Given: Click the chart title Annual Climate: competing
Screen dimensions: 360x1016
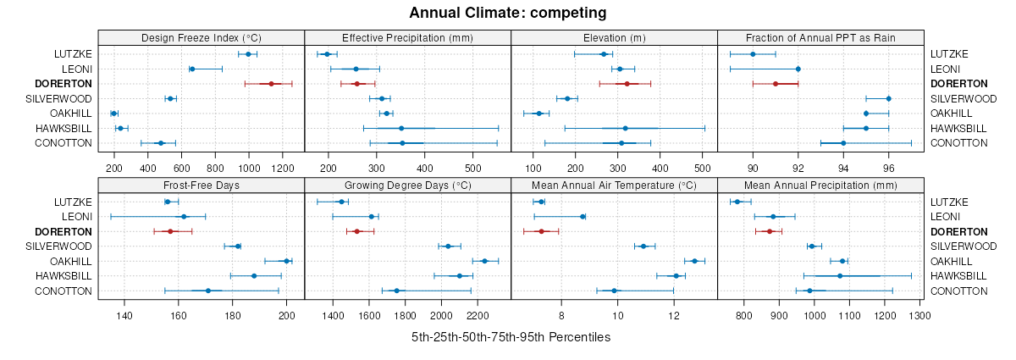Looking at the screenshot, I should (507, 13).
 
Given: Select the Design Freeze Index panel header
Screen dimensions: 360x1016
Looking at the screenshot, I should (201, 37).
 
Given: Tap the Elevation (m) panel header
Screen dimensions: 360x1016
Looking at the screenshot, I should (614, 37).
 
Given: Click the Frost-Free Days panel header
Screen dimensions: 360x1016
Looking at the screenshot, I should (201, 185).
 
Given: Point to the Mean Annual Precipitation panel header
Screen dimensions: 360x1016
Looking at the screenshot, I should (820, 185).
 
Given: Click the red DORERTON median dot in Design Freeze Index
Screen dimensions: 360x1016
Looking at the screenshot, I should (271, 84).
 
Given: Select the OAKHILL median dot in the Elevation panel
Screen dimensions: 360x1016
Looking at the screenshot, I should (538, 114).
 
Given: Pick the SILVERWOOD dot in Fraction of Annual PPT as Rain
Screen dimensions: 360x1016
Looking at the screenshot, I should (888, 98).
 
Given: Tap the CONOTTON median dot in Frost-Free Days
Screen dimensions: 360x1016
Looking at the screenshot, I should (207, 291).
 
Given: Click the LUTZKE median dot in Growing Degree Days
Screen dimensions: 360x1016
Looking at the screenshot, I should (341, 202).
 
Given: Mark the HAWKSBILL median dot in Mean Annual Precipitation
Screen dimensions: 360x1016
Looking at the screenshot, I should (840, 276).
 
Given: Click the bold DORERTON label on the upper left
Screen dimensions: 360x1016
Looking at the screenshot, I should (63, 84).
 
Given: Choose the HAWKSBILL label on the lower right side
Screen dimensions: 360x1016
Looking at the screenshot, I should (958, 276).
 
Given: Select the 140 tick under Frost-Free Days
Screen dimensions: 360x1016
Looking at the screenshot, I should (124, 316).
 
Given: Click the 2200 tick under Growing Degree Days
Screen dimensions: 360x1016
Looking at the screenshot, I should (478, 316).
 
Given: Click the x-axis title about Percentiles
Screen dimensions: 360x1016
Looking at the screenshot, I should (511, 337).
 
